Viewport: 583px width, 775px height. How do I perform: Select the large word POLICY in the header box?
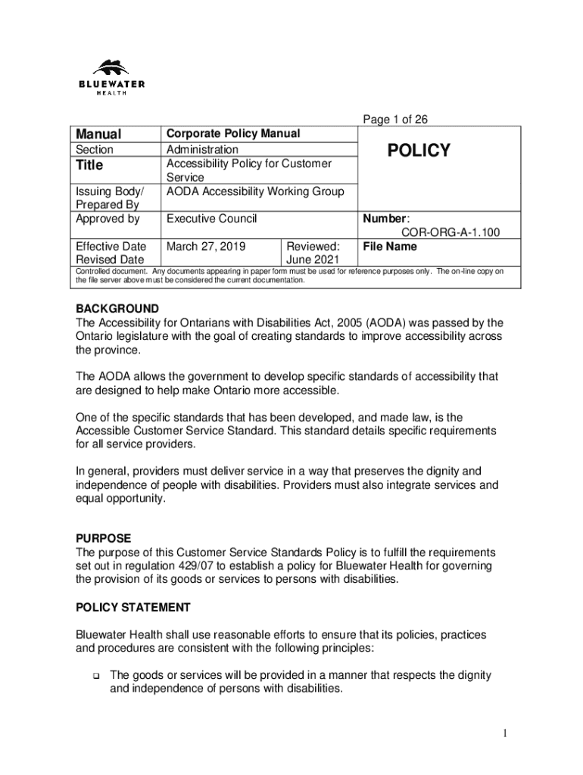(x=419, y=151)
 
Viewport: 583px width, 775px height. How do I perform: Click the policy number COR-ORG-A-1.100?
(x=450, y=233)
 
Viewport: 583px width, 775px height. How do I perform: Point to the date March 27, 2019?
(x=201, y=247)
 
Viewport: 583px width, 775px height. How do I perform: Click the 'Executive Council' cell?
(x=211, y=219)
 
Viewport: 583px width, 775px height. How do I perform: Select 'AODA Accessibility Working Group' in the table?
(x=255, y=191)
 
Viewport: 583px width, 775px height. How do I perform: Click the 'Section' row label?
(x=95, y=150)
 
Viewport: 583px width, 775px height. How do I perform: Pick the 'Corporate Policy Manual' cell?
(x=233, y=134)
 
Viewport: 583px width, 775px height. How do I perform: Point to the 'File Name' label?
(x=390, y=247)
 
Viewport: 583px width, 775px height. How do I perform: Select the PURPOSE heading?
(x=104, y=538)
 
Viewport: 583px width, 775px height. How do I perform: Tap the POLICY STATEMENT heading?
(x=133, y=607)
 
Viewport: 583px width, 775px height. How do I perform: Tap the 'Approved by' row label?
(x=108, y=219)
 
